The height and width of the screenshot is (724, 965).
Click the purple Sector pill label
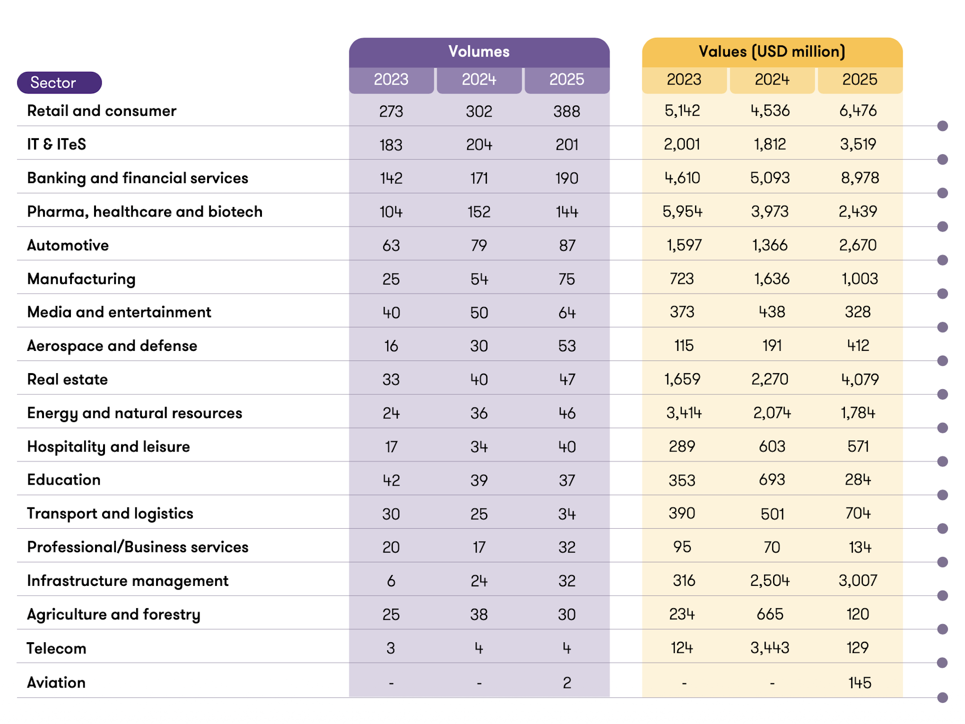pyautogui.click(x=59, y=83)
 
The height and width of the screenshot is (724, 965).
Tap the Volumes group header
pyautogui.click(x=478, y=52)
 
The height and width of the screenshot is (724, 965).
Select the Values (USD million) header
pyautogui.click(x=772, y=52)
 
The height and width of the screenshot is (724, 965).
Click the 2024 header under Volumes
pyautogui.click(x=478, y=79)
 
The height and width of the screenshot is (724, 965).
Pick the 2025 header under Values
pyautogui.click(x=859, y=79)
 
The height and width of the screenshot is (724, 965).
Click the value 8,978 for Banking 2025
pyautogui.click(x=859, y=178)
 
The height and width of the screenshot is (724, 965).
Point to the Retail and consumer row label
pyautogui.click(x=101, y=111)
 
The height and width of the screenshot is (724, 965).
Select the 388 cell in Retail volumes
pyautogui.click(x=566, y=112)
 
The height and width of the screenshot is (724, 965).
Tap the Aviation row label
pyautogui.click(x=56, y=682)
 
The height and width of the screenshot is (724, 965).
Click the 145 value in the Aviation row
pyautogui.click(x=859, y=682)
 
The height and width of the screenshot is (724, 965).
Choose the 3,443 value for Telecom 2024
pyautogui.click(x=770, y=648)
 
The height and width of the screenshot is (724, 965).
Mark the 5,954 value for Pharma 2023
pyautogui.click(x=682, y=211)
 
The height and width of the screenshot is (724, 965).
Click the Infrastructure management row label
pyautogui.click(x=128, y=581)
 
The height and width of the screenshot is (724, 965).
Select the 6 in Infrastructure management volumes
pyautogui.click(x=391, y=581)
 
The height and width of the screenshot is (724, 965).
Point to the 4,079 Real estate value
pyautogui.click(x=859, y=379)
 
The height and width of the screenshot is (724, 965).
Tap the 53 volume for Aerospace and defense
pyautogui.click(x=566, y=346)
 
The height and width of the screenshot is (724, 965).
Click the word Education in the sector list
pyautogui.click(x=64, y=480)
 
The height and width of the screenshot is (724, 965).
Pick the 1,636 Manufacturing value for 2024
pyautogui.click(x=771, y=279)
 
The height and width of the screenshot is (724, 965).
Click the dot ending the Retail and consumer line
pyautogui.click(x=942, y=126)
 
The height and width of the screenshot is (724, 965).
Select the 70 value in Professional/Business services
pyautogui.click(x=772, y=548)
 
